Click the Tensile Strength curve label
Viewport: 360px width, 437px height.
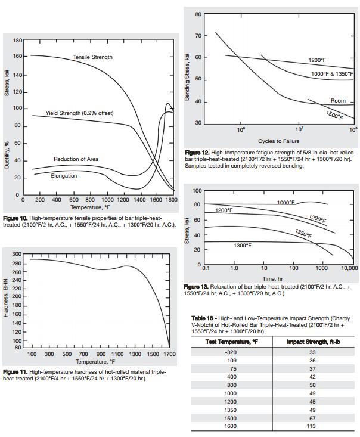92,57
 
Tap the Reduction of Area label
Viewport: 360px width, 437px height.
76,159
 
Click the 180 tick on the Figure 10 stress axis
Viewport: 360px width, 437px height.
18,41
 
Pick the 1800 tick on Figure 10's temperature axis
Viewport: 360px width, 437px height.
172,200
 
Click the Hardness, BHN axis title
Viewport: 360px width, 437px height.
7,302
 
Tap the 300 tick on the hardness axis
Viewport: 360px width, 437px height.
18,255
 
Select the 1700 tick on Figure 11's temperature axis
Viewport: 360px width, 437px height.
170,354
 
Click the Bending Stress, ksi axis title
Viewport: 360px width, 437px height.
187,76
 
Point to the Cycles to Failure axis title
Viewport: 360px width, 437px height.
278,141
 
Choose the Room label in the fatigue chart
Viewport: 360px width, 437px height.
338,101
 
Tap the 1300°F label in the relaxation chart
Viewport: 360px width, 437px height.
241,246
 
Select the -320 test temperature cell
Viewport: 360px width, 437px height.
231,352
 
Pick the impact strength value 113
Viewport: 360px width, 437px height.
312,426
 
